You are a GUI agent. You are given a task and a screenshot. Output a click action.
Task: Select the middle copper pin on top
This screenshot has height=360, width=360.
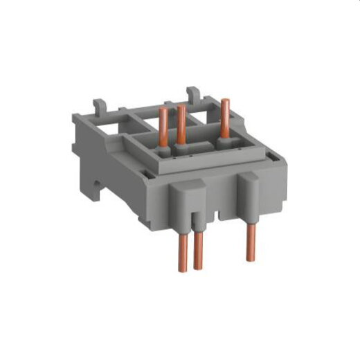(181, 125)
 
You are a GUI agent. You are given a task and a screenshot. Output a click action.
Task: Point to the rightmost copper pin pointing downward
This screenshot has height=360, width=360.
(250, 245)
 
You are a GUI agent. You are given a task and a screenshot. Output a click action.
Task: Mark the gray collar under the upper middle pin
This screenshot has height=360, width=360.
(182, 148)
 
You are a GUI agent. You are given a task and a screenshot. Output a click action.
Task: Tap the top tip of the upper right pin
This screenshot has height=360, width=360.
(225, 102)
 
